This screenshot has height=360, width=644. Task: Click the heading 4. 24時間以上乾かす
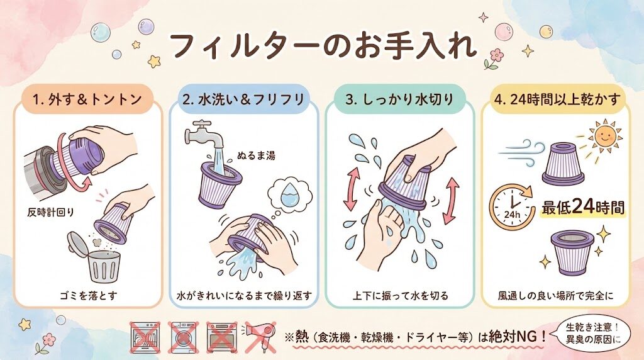click(557, 99)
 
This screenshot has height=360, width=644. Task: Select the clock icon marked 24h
click(511, 207)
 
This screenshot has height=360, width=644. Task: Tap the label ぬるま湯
click(256, 155)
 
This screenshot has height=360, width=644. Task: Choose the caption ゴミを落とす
click(88, 295)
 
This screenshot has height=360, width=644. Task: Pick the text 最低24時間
click(582, 206)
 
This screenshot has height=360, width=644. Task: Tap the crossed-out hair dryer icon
click(260, 337)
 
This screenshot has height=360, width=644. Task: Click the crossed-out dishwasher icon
click(145, 337)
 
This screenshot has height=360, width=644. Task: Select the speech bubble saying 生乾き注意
click(592, 333)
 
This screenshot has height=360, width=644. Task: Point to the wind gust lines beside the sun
click(521, 152)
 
